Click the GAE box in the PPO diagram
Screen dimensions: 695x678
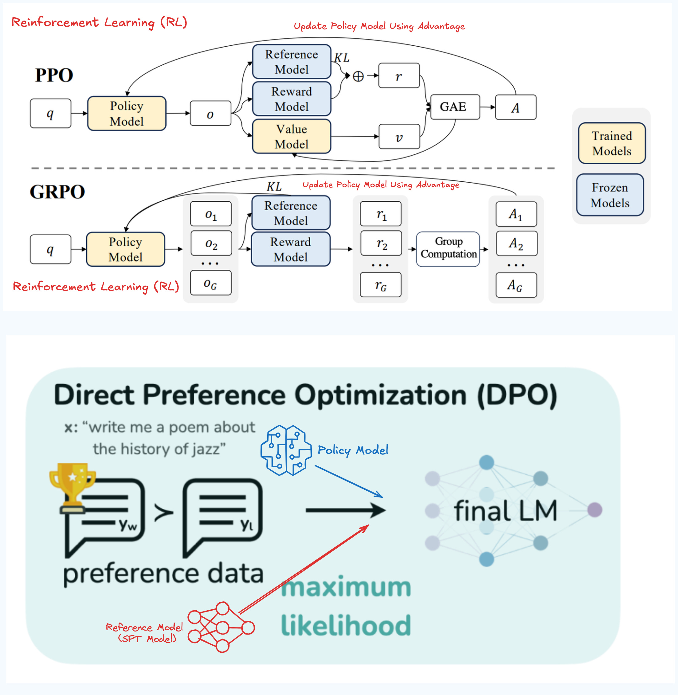click(x=455, y=107)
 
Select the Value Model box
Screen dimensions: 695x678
click(x=292, y=137)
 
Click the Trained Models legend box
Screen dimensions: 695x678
click(x=612, y=143)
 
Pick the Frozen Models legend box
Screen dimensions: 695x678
click(x=610, y=195)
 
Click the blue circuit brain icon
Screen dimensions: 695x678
click(x=286, y=450)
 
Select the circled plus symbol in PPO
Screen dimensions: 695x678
click(x=358, y=76)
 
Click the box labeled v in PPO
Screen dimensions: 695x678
click(x=399, y=137)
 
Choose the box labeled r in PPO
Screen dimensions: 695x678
click(x=399, y=76)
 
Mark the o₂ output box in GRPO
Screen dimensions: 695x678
click(x=211, y=243)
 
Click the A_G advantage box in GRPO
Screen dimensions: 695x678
click(x=516, y=285)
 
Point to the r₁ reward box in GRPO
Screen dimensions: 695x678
click(x=381, y=214)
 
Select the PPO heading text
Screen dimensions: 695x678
click(x=54, y=75)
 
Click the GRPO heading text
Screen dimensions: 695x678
click(x=57, y=192)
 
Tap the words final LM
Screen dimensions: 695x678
click(x=505, y=511)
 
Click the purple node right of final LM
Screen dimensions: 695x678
click(x=594, y=510)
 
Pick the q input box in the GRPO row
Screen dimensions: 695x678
click(x=50, y=249)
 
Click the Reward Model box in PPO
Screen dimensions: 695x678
click(x=292, y=99)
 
